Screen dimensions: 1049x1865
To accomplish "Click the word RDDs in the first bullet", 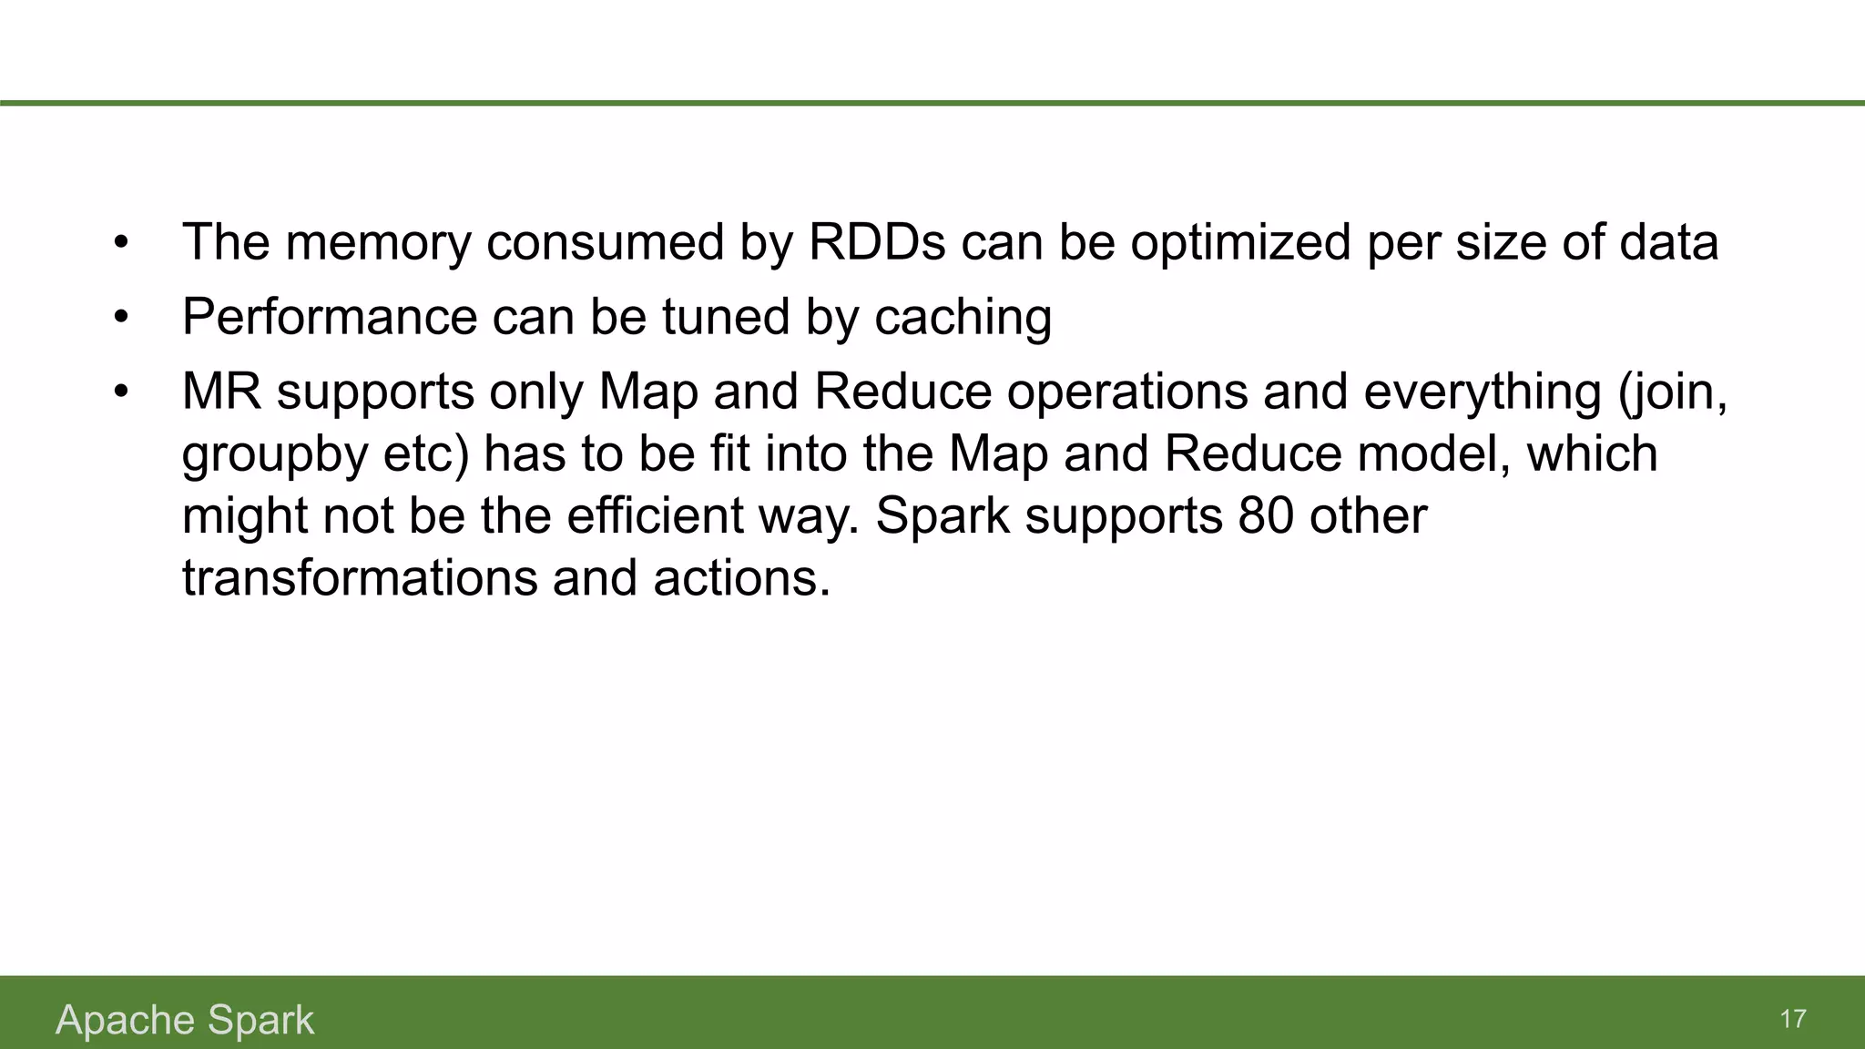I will [x=877, y=242].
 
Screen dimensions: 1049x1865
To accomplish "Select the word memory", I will [x=378, y=242].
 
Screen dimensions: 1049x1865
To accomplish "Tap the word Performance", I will [x=330, y=317].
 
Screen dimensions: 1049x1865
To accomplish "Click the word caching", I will [x=963, y=317].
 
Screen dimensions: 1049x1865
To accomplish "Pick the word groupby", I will [x=275, y=455].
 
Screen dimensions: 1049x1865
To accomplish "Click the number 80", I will [x=1266, y=516].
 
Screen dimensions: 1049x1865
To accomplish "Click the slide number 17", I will [x=1792, y=1019].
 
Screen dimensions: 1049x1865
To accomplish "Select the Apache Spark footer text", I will [x=185, y=1020].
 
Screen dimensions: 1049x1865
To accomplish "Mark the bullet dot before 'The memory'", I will [x=121, y=244].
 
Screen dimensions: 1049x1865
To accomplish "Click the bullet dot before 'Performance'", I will [x=121, y=319].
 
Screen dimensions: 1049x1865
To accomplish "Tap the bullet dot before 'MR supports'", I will [x=121, y=393].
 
